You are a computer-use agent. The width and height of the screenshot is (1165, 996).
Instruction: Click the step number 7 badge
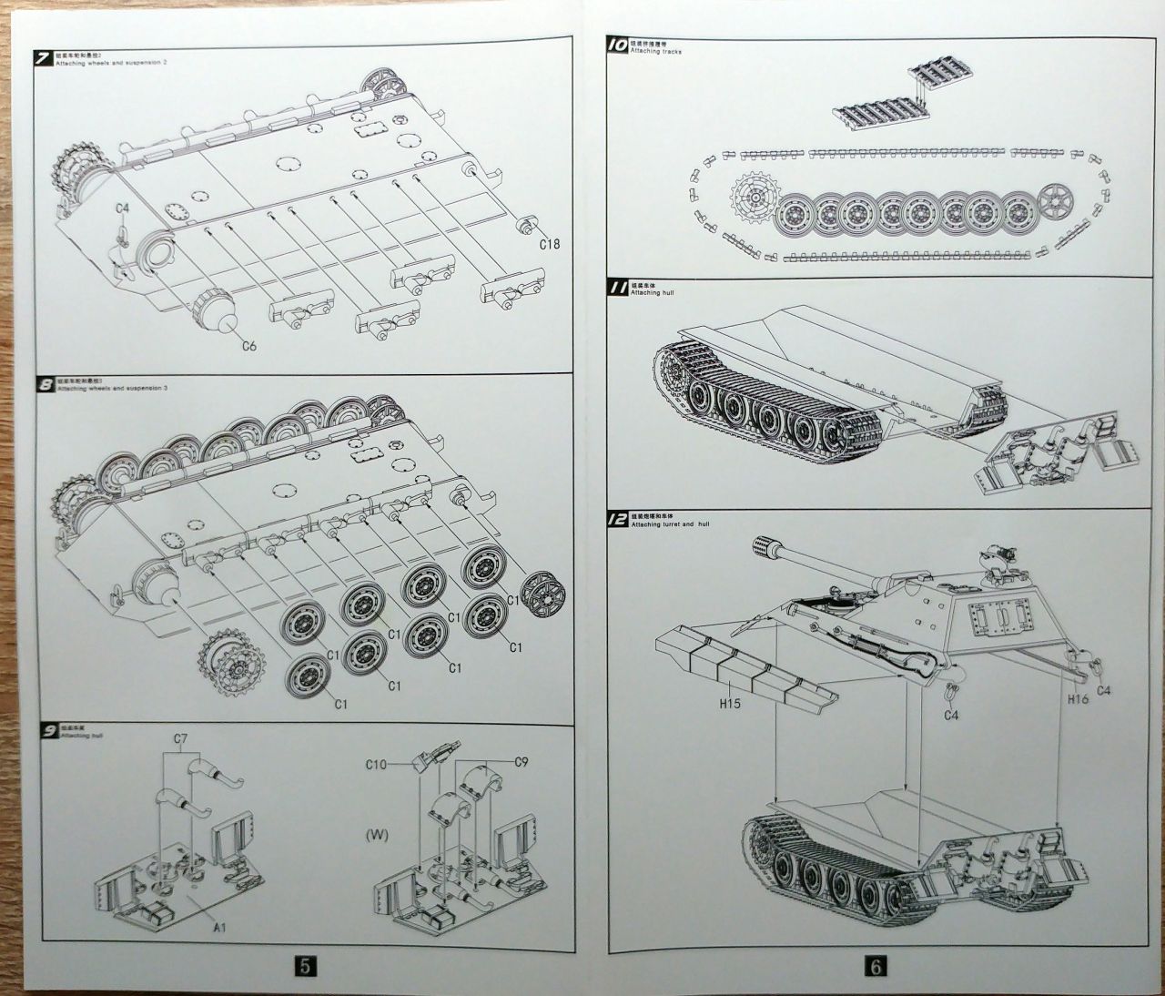pyautogui.click(x=43, y=59)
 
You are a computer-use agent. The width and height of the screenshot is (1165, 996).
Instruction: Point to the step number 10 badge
pyautogui.click(x=616, y=44)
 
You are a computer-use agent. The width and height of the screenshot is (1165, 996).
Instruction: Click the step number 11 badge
pyautogui.click(x=616, y=289)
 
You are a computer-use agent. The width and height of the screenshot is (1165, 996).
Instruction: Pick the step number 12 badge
pyautogui.click(x=616, y=520)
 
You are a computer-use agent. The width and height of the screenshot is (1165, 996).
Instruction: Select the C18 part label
pyautogui.click(x=549, y=243)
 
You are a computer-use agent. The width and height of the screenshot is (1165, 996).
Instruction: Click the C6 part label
pyautogui.click(x=249, y=345)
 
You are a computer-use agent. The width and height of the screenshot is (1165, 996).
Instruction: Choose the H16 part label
pyautogui.click(x=1078, y=698)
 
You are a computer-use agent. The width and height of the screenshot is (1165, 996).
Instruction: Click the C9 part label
pyautogui.click(x=522, y=762)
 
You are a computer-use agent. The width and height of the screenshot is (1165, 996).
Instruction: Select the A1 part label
pyautogui.click(x=219, y=927)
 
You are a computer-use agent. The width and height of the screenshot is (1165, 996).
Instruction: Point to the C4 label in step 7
pyautogui.click(x=124, y=208)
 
